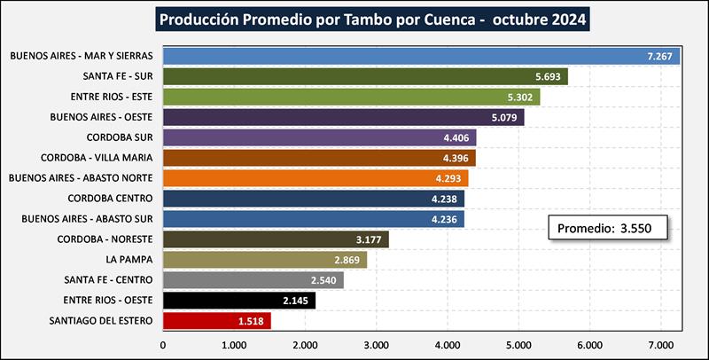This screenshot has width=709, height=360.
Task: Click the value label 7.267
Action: click(661, 56)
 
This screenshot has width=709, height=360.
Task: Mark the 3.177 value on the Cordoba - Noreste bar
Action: click(366, 239)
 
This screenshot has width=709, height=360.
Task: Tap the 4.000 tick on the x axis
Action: click(447, 345)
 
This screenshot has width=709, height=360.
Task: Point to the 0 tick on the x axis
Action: click(163, 345)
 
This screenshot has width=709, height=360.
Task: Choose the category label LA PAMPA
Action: click(129, 260)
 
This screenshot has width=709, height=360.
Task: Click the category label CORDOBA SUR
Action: click(120, 137)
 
